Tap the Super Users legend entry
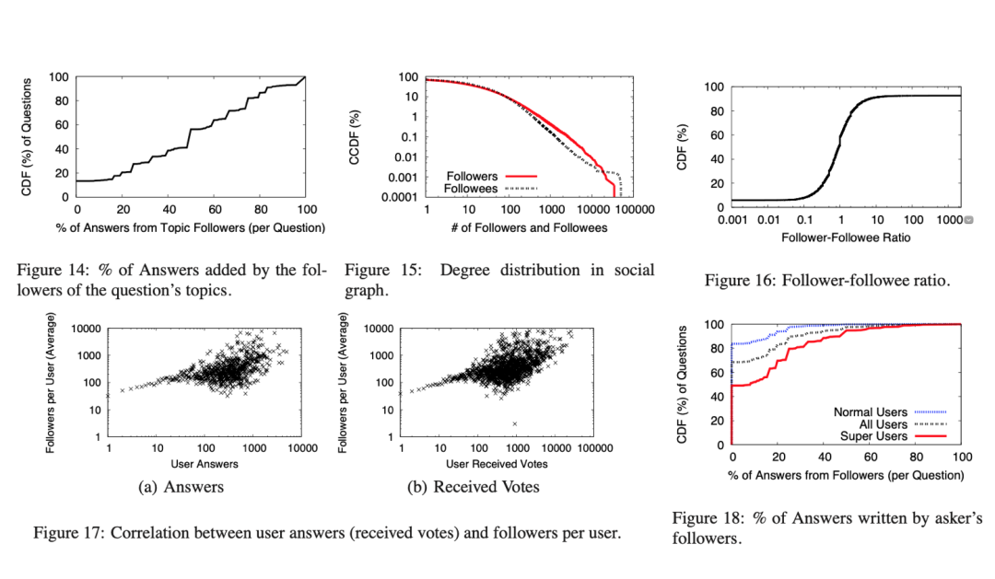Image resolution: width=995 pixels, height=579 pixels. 869,437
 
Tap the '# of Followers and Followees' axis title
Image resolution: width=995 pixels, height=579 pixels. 527,227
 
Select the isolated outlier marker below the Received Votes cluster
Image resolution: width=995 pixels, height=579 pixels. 515,423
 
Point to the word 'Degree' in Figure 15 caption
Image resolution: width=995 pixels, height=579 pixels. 463,271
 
